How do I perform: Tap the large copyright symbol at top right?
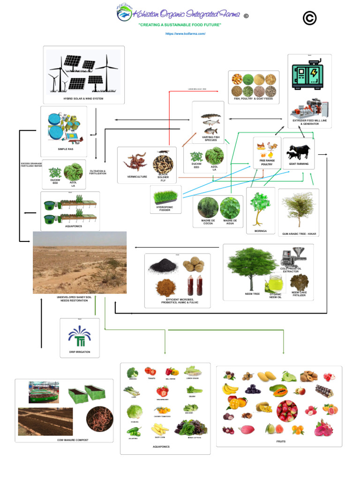(x=309, y=18)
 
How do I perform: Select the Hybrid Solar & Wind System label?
(x=83, y=99)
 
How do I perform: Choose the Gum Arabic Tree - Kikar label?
(x=298, y=233)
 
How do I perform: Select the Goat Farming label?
(x=299, y=164)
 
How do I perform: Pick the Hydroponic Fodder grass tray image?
(x=165, y=195)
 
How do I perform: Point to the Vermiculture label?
(x=137, y=177)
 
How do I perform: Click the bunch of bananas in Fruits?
(x=230, y=389)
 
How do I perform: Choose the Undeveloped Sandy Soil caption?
(x=79, y=299)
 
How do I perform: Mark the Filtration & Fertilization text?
(x=98, y=172)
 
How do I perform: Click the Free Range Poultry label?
(x=267, y=163)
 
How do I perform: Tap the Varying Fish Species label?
(x=210, y=139)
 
